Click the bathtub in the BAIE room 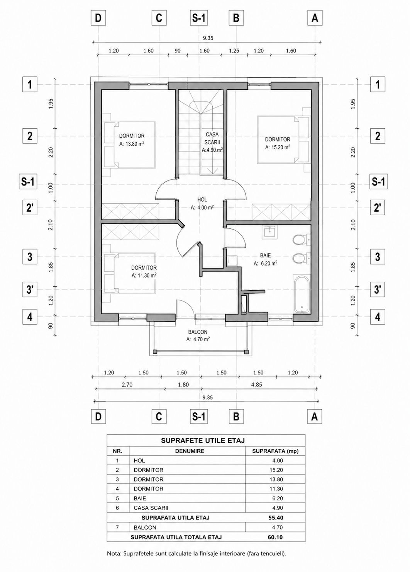(302, 294)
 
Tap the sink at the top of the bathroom (269, 232)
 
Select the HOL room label (202, 199)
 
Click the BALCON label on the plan (198, 332)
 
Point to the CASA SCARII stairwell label (212, 138)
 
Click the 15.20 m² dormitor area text (278, 147)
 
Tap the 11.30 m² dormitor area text (144, 276)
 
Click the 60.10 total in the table (275, 537)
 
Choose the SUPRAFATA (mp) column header (275, 451)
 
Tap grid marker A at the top (315, 18)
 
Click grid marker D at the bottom (98, 417)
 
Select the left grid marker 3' (30, 289)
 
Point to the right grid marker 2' (378, 207)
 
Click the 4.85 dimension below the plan (256, 385)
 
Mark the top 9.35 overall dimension (208, 38)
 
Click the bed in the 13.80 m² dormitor (130, 145)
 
